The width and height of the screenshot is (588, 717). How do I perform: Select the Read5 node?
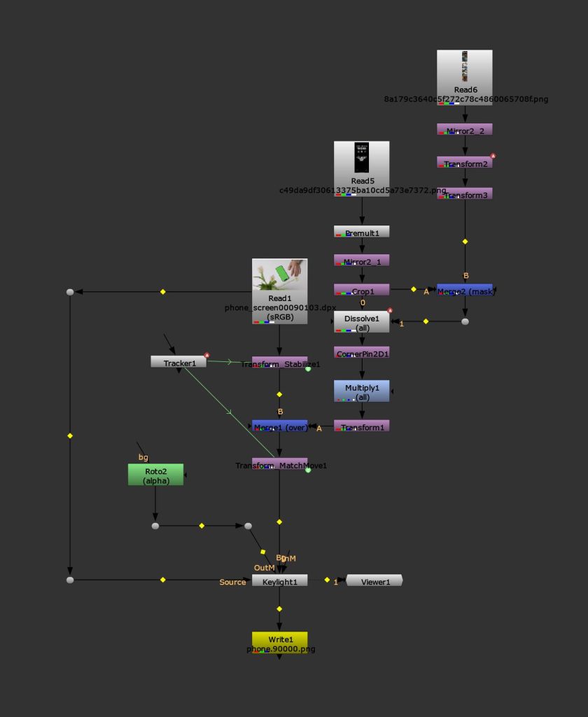pyautogui.click(x=361, y=168)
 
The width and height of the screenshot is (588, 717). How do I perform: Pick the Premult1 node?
pyautogui.click(x=361, y=232)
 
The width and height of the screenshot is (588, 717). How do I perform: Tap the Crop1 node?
pyautogui.click(x=361, y=290)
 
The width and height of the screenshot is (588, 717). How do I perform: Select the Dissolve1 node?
pyautogui.click(x=361, y=321)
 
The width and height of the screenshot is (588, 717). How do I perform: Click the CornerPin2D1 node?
pyautogui.click(x=361, y=354)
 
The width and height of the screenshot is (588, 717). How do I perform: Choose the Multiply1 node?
pyautogui.click(x=361, y=391)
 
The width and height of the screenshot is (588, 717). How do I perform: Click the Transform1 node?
pyautogui.click(x=361, y=426)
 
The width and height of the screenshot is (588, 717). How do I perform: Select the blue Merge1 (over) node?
pyautogui.click(x=279, y=426)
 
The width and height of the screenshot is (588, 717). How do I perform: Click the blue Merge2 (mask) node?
pyautogui.click(x=464, y=290)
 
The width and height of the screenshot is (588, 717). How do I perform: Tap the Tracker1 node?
pyautogui.click(x=178, y=362)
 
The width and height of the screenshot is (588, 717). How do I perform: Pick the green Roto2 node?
pyautogui.click(x=155, y=474)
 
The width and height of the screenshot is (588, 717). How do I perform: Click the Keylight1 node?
pyautogui.click(x=279, y=580)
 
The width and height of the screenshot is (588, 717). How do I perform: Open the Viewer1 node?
pyautogui.click(x=374, y=580)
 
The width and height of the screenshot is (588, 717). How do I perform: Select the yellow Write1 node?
pyautogui.click(x=279, y=641)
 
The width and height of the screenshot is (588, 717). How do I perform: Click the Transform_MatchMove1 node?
pyautogui.click(x=279, y=464)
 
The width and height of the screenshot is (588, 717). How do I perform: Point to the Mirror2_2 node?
pyautogui.click(x=464, y=130)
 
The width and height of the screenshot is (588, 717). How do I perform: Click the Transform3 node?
pyautogui.click(x=464, y=194)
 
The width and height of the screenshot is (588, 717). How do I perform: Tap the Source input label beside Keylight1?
pyautogui.click(x=232, y=582)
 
